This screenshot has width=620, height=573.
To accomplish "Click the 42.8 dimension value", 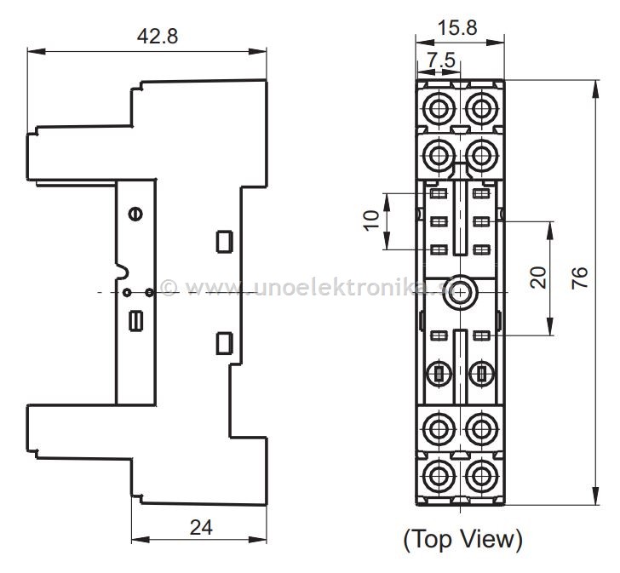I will (158, 37).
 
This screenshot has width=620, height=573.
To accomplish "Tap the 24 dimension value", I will (201, 528).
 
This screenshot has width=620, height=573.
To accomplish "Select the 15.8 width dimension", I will (457, 27).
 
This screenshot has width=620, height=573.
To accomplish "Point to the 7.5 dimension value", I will (441, 61).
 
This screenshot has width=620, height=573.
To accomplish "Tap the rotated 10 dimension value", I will (371, 220).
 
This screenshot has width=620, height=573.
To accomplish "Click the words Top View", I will (462, 538).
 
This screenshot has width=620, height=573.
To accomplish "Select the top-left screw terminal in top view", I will (440, 108).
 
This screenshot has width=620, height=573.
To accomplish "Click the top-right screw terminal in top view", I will (481, 108).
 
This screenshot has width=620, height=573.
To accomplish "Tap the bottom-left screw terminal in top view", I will (440, 473).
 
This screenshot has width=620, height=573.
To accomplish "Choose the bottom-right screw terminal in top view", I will (481, 473).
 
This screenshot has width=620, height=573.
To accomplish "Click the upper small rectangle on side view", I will (224, 241).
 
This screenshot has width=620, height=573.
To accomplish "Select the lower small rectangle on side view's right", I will (224, 343).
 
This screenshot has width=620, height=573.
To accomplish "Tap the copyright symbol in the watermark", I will (169, 289).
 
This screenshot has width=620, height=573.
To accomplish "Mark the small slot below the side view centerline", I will (135, 321).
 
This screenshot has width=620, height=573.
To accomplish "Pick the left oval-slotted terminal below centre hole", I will (440, 372).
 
